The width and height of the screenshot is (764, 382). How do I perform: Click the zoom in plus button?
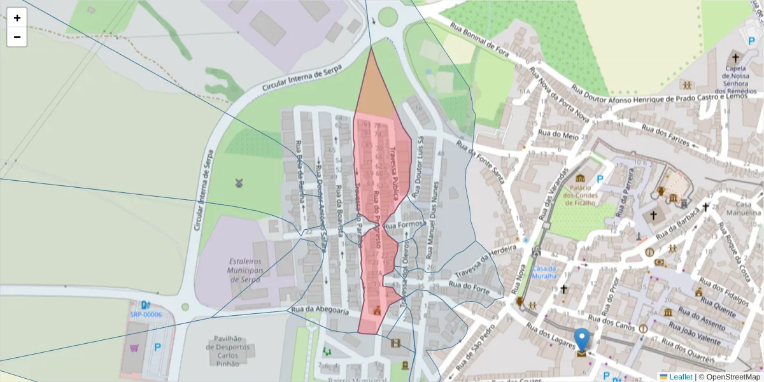(17, 18)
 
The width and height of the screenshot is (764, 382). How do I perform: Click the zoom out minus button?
(17, 37)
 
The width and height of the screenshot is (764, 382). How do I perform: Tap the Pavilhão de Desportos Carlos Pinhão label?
(222, 351)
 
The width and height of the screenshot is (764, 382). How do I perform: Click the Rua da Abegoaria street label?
(320, 310)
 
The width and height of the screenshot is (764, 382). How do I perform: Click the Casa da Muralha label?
(545, 272)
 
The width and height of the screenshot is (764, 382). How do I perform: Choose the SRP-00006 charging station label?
(146, 315)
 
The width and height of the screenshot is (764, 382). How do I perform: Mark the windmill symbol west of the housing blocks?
(239, 183)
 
